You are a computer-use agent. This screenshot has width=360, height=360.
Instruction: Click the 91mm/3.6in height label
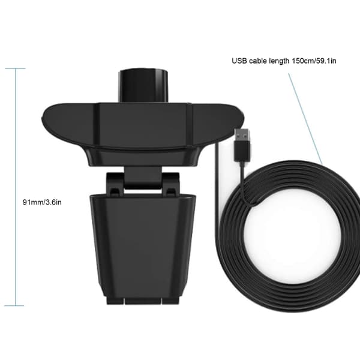[42, 202]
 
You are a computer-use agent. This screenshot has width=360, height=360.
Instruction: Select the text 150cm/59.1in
[314, 61]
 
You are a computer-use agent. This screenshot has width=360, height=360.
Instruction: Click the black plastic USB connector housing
[242, 152]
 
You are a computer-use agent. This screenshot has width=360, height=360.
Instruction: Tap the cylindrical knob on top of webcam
[143, 85]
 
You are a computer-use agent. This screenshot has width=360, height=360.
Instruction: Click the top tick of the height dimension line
[15, 68]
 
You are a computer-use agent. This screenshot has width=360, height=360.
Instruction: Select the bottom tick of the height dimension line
[14, 305]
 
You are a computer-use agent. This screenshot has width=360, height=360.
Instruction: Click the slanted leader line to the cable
[305, 119]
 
